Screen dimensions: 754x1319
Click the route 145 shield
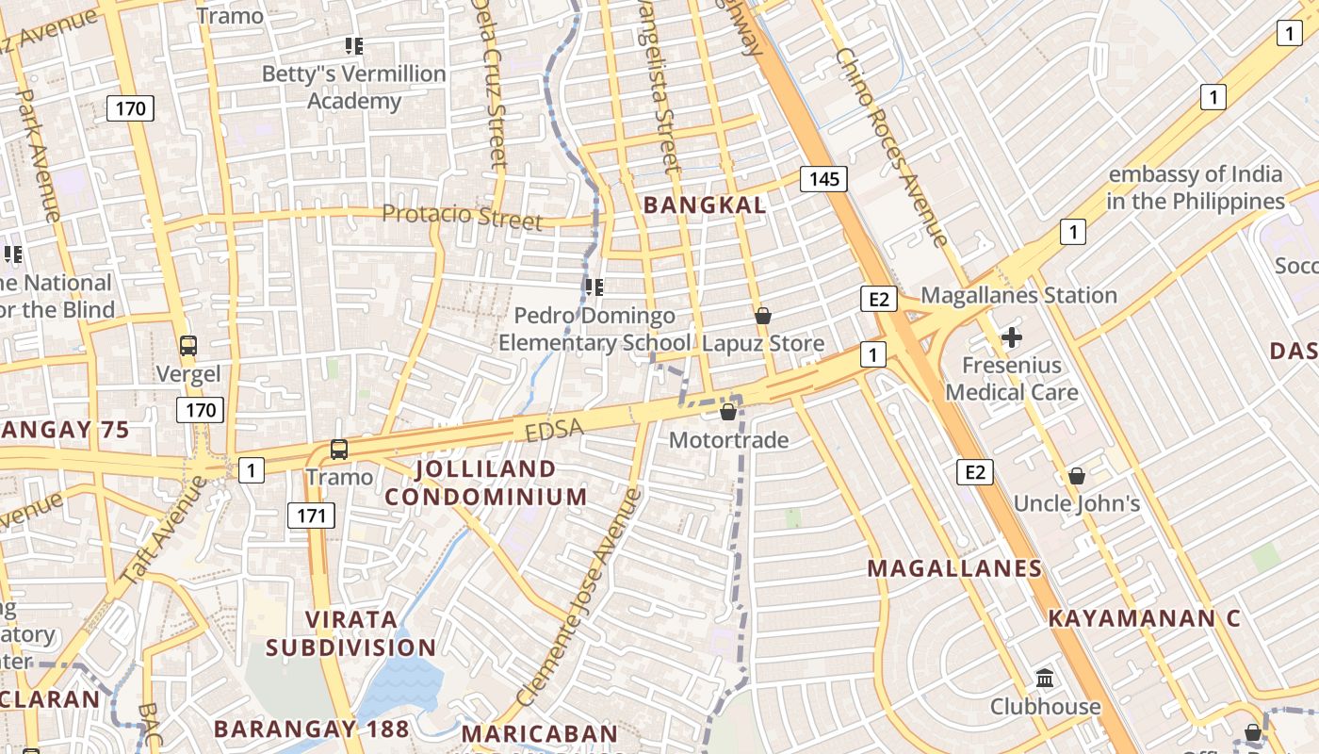(x=823, y=178)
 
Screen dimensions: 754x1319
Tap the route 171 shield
(x=311, y=515)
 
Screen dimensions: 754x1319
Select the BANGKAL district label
(x=704, y=205)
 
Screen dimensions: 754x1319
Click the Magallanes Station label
(x=1018, y=295)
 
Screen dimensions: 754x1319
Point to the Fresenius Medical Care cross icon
(x=1012, y=336)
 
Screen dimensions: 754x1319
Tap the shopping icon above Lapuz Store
(x=763, y=316)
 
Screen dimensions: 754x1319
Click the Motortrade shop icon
(x=728, y=412)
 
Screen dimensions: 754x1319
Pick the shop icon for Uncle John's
(x=1076, y=476)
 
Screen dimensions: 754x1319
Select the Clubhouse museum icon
(x=1045, y=678)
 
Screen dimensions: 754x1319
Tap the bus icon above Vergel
(x=188, y=345)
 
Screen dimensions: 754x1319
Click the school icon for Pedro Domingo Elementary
(x=594, y=287)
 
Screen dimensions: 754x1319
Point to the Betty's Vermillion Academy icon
(x=354, y=45)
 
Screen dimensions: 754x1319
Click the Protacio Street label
(x=462, y=216)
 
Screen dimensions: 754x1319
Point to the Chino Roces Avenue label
(x=890, y=146)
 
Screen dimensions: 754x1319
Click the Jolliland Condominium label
(x=486, y=483)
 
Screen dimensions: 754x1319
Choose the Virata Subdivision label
(x=350, y=633)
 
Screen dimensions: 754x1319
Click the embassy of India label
(x=1195, y=188)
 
